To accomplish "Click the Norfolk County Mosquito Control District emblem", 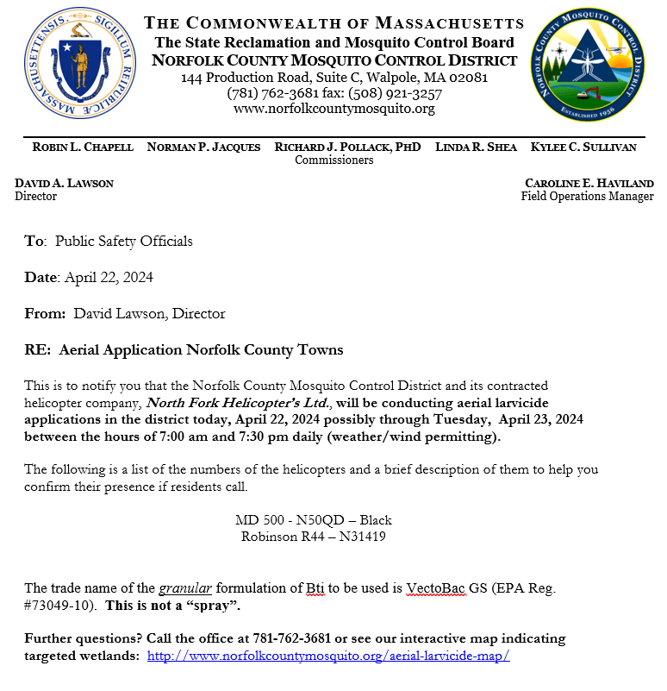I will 588,67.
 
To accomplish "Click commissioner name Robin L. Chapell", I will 83,148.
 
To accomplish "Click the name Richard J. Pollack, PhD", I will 348,148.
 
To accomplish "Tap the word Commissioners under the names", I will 334,160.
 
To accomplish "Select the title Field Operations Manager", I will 587,196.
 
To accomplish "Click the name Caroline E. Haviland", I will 589,183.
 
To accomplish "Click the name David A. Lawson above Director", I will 64,183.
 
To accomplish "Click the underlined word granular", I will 185,588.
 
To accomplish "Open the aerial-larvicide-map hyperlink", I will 328,656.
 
